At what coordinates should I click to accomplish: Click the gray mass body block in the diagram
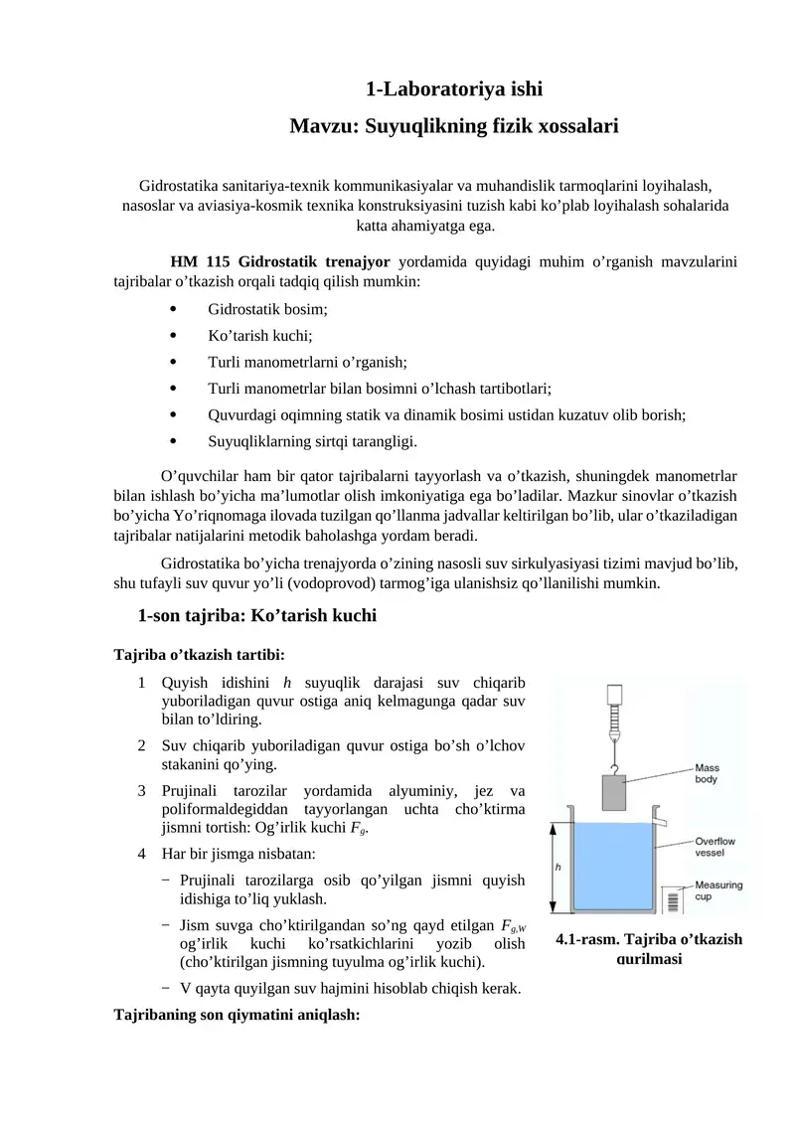click(614, 793)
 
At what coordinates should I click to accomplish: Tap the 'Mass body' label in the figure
click(707, 773)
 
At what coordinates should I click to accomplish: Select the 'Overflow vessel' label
click(715, 845)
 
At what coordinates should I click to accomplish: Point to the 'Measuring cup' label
click(715, 890)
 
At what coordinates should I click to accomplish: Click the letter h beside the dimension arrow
click(557, 867)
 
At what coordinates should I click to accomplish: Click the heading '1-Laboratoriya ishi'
click(453, 89)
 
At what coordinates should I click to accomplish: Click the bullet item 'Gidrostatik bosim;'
click(267, 309)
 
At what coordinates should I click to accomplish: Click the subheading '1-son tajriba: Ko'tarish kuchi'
click(257, 615)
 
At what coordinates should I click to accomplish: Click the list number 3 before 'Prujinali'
click(142, 791)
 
